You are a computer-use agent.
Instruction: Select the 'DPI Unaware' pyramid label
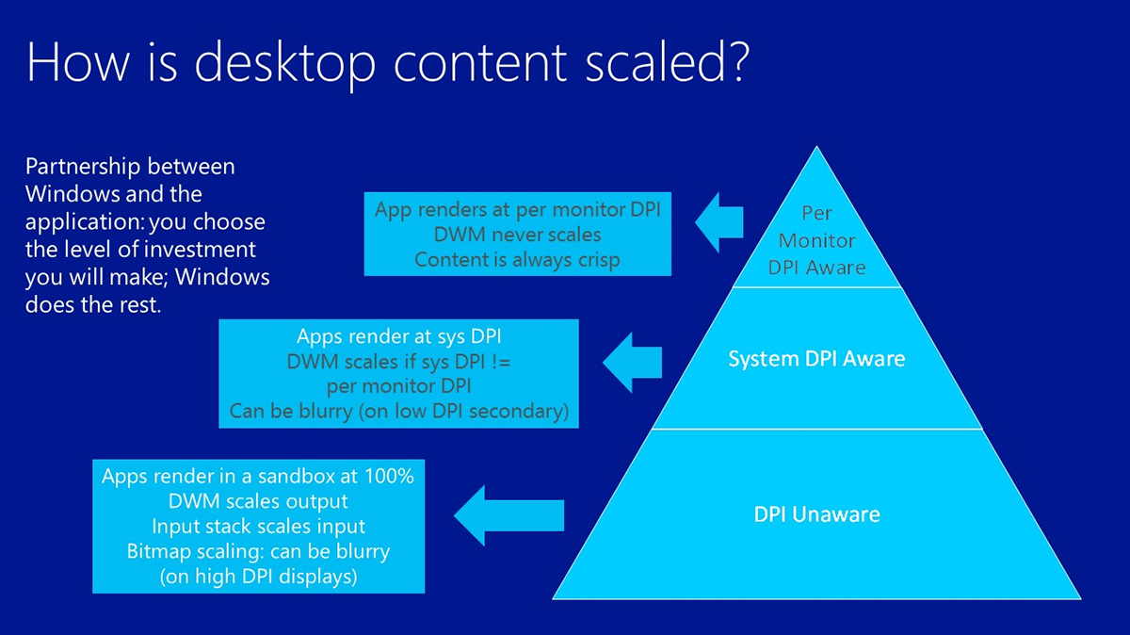point(815,515)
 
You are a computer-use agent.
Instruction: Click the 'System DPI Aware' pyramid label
point(816,359)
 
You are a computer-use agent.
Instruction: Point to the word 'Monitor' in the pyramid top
point(815,240)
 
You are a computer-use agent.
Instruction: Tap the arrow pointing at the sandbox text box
point(508,514)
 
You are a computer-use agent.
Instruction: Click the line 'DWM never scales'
point(517,234)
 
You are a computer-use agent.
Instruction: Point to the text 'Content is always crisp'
point(517,259)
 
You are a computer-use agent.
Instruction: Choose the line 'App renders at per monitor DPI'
point(517,208)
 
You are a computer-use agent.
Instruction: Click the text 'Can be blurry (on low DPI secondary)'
point(399,412)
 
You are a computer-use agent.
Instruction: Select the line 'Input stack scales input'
point(258,526)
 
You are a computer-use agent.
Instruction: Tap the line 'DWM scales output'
point(258,501)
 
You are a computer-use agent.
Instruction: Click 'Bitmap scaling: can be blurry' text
point(258,550)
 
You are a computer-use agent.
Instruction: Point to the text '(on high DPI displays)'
point(258,576)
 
